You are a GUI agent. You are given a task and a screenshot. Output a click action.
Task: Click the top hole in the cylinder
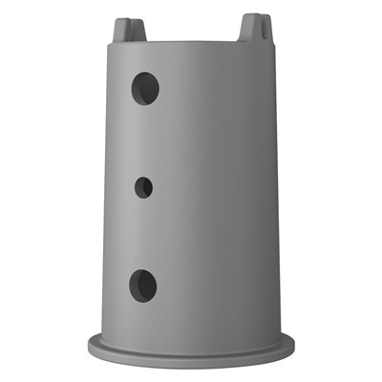tap(144, 88)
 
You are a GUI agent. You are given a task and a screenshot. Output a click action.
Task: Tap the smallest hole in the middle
tap(143, 187)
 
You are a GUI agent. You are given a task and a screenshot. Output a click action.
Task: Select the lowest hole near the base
tap(142, 284)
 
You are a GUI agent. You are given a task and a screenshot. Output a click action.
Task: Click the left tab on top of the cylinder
tap(129, 31)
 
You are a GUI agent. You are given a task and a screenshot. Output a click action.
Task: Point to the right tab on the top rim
tap(252, 28)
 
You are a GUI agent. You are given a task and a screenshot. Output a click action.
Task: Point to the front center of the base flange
tap(191, 357)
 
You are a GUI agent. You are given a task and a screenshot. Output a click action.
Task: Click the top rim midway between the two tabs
tap(191, 41)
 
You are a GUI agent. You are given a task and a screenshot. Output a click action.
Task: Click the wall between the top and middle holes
tap(143, 138)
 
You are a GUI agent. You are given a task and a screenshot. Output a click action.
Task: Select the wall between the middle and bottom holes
tap(143, 234)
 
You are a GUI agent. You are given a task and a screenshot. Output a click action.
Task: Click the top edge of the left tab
tap(129, 19)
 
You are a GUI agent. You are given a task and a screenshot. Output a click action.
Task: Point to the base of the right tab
tap(253, 39)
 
